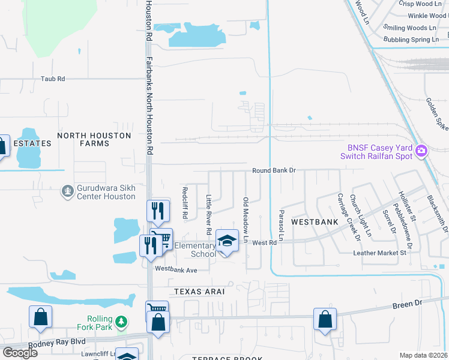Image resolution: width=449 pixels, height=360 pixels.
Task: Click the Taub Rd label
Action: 52,79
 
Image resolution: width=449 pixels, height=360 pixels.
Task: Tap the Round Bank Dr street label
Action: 274,170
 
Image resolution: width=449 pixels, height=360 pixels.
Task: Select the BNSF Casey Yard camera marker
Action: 422,150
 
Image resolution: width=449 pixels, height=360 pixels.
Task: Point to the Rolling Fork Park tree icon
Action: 121,322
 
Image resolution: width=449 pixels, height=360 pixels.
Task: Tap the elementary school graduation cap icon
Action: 227,241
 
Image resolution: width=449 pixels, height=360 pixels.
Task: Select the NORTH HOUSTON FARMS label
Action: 94,139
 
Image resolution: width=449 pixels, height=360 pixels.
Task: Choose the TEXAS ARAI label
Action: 199,291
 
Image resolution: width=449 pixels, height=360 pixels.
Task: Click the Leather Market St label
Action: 379,253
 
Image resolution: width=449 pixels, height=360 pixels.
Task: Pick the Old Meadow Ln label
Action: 246,220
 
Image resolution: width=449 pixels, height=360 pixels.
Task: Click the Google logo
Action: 20,352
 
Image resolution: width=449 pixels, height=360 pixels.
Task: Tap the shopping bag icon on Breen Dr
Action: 325,319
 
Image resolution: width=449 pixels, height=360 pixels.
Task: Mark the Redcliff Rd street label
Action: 185,202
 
